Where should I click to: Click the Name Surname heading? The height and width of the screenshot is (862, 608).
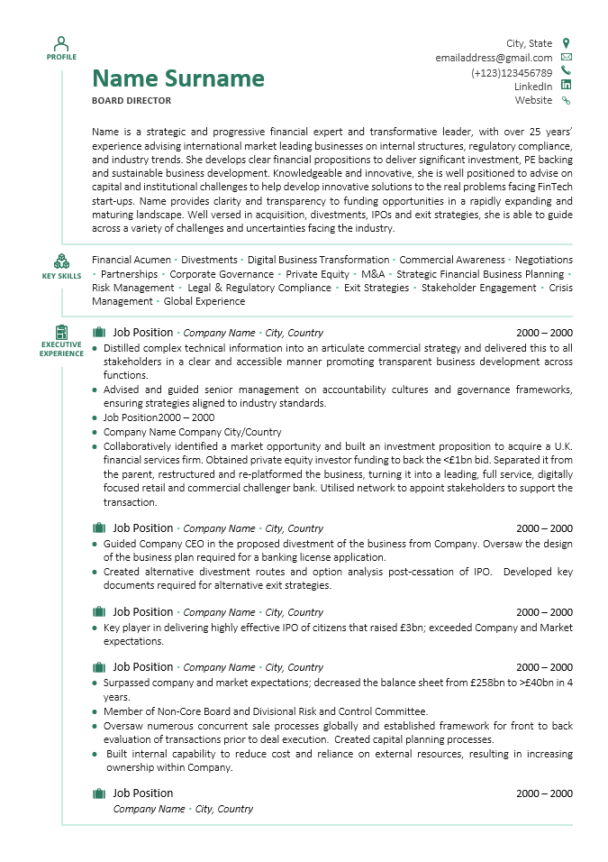pyautogui.click(x=178, y=78)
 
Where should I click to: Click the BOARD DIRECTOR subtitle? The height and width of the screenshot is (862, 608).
pyautogui.click(x=132, y=101)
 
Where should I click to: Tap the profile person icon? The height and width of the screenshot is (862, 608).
pyautogui.click(x=61, y=42)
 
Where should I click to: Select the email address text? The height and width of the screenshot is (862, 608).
pyautogui.click(x=494, y=58)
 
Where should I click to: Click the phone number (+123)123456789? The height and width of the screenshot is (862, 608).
pyautogui.click(x=512, y=72)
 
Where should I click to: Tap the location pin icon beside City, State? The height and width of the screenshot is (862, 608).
pyautogui.click(x=566, y=43)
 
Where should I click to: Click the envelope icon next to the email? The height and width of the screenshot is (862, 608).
pyautogui.click(x=566, y=58)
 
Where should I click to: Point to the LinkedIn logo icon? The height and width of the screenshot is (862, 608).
pyautogui.click(x=566, y=86)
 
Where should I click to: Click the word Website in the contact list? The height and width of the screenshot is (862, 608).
pyautogui.click(x=533, y=101)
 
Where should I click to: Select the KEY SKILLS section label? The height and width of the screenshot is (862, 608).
pyautogui.click(x=61, y=276)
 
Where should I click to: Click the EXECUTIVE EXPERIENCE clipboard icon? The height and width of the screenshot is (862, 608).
pyautogui.click(x=61, y=332)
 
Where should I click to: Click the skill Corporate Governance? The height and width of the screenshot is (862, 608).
pyautogui.click(x=222, y=274)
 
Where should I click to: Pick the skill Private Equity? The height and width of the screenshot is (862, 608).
pyautogui.click(x=318, y=274)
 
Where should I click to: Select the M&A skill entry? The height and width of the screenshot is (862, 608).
pyautogui.click(x=373, y=274)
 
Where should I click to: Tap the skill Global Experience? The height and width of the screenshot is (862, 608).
pyautogui.click(x=204, y=302)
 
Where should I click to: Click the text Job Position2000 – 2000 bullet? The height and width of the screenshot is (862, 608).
pyautogui.click(x=159, y=417)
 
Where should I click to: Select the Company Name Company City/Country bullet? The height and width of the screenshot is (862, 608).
pyautogui.click(x=192, y=432)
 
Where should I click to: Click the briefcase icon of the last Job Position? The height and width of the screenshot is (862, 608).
pyautogui.click(x=99, y=793)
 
